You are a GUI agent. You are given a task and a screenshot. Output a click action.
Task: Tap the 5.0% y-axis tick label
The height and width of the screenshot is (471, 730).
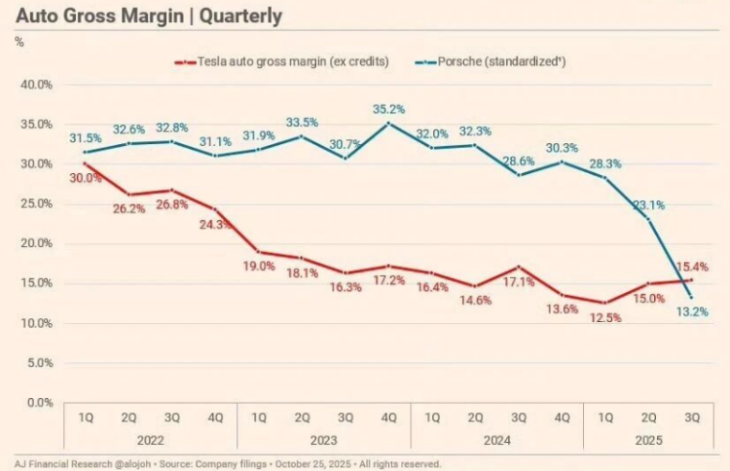(x=38, y=363)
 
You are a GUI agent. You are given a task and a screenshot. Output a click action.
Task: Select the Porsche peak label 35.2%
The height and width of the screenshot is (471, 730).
(x=388, y=109)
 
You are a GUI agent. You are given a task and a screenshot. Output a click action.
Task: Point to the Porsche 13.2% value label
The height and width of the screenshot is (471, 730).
(x=692, y=312)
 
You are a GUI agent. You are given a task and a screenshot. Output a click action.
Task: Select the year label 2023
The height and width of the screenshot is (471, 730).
(x=324, y=441)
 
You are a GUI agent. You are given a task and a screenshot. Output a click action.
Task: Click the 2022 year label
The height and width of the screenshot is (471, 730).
(x=150, y=441)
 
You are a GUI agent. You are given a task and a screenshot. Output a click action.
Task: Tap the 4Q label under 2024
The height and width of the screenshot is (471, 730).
(x=561, y=416)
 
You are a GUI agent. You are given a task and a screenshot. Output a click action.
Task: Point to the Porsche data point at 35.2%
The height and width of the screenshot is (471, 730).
(x=388, y=124)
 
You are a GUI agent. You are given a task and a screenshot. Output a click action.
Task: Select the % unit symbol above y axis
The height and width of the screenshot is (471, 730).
(x=19, y=42)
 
